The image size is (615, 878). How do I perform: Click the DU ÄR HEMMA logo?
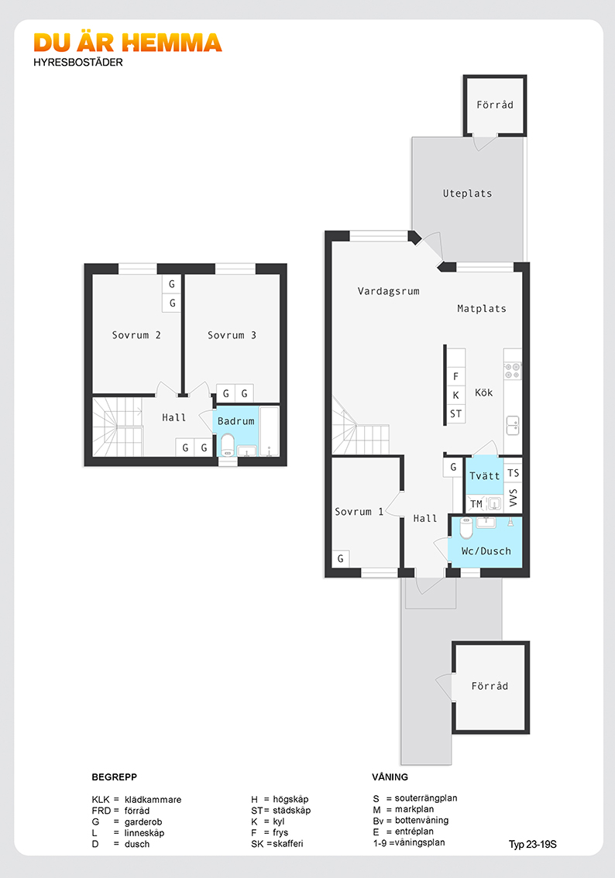tap(128, 43)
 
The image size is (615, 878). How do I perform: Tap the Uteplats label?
tap(467, 194)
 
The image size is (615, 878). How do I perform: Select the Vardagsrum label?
tap(389, 291)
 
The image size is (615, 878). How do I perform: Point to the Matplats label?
tap(482, 308)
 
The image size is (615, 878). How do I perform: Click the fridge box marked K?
tap(456, 396)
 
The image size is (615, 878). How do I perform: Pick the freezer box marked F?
tap(456, 376)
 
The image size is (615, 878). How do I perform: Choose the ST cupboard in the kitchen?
tap(456, 413)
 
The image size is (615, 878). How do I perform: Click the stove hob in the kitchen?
tap(513, 371)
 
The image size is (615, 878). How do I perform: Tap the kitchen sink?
tap(513, 426)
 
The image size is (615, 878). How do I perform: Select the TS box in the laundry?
tap(513, 473)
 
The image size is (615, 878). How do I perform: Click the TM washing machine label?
tap(476, 504)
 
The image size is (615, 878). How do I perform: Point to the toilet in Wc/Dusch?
tap(466, 527)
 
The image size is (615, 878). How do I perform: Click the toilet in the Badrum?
tap(228, 444)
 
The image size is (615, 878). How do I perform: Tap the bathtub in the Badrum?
tap(270, 432)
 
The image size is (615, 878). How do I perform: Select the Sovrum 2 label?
tap(136, 334)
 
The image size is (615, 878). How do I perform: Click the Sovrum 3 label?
tap(232, 334)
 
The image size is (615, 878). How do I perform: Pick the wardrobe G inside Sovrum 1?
tap(341, 558)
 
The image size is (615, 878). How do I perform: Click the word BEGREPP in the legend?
tap(115, 777)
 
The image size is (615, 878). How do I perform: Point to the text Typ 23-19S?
tap(533, 845)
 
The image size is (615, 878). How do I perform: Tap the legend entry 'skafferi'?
tap(288, 844)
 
